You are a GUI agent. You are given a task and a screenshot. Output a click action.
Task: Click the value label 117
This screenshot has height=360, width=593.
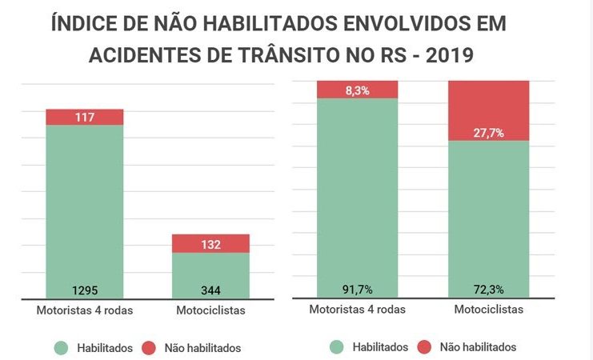click(x=85, y=118)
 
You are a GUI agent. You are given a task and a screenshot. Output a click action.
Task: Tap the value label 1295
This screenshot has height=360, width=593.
click(x=85, y=290)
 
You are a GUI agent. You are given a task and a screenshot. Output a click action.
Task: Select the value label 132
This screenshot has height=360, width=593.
click(x=211, y=244)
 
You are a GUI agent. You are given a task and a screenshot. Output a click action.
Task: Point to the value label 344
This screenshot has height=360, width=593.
click(x=211, y=290)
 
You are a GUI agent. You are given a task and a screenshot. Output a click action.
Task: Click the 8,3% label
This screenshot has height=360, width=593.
click(x=358, y=90)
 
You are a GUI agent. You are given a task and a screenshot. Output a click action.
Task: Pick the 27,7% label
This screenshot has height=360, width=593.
click(x=488, y=133)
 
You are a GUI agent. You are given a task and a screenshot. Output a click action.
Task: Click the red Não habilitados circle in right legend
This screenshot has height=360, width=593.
click(x=424, y=347)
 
